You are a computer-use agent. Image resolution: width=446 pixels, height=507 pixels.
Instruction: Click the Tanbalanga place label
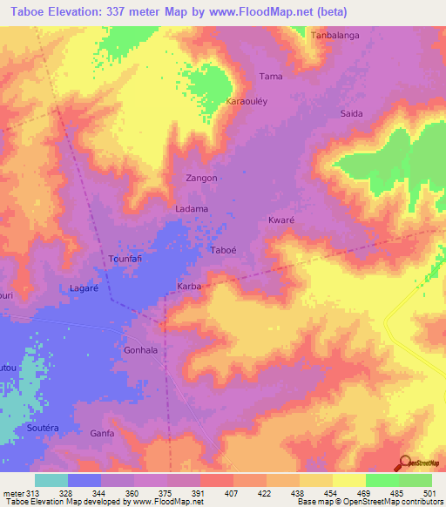(x=335, y=35)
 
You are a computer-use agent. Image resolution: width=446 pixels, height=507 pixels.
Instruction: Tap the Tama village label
(x=272, y=77)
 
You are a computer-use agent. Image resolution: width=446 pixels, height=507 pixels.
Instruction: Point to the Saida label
(x=351, y=114)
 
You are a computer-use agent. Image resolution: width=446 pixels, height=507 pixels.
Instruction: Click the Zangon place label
(x=201, y=178)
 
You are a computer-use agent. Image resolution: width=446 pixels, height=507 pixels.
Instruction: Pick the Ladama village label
(x=192, y=209)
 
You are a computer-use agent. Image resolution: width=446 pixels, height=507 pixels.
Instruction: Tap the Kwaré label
(x=282, y=221)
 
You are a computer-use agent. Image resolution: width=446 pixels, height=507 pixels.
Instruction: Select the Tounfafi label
(x=125, y=260)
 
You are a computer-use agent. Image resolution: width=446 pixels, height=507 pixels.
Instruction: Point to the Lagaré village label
(x=85, y=287)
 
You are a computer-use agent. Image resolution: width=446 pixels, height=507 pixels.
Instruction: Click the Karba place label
(x=189, y=286)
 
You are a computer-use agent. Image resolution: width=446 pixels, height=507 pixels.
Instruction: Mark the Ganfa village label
(x=103, y=432)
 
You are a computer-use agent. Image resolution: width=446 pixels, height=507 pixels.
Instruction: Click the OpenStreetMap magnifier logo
(x=405, y=464)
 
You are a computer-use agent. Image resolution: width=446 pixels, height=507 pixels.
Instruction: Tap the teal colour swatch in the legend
(x=51, y=480)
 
